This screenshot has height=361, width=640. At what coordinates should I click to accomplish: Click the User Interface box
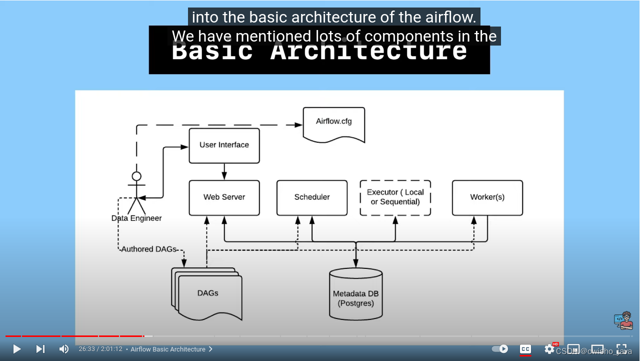point(224,145)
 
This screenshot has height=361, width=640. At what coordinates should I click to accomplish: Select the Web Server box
point(224,197)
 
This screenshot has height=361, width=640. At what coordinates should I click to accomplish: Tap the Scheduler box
point(312,197)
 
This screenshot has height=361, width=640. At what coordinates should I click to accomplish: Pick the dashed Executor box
point(395,197)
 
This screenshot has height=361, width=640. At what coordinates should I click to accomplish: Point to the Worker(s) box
point(487,197)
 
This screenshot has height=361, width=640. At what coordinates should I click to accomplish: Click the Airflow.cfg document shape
point(333,124)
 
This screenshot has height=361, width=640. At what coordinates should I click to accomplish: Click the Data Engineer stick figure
point(136,193)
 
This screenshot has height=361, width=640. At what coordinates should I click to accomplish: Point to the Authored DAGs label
point(149,249)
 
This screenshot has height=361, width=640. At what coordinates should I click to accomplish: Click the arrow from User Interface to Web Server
point(224,171)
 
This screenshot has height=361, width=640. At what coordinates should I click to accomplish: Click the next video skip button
point(40,349)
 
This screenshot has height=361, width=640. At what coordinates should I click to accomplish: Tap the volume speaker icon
point(63,349)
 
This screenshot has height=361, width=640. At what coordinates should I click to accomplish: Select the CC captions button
point(525,349)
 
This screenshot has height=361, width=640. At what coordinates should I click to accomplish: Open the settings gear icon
point(549,349)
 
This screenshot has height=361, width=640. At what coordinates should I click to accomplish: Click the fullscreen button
point(621,349)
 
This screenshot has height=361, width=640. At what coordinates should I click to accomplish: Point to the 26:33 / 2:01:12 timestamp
point(100,349)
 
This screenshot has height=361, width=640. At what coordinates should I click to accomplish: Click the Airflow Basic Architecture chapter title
point(168,349)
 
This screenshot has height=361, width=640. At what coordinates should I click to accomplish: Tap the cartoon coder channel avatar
point(623,320)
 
